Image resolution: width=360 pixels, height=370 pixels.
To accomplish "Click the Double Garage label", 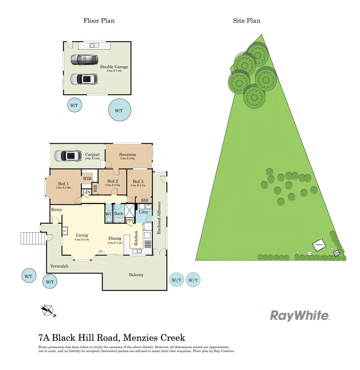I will point(114,67).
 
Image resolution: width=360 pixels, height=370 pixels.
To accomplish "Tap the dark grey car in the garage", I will point(84,60).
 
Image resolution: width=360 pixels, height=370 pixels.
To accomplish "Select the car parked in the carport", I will point(68,156).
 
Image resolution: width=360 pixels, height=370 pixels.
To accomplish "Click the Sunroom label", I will point(127,155).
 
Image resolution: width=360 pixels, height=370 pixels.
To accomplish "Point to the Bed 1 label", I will point(64,183).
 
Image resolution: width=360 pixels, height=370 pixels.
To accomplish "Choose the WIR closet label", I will point(87,178).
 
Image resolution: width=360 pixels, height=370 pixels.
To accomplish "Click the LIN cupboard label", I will point(87,192).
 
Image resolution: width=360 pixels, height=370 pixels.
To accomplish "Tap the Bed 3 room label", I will point(138,181).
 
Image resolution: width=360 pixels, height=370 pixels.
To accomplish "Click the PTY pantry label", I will point(130,221).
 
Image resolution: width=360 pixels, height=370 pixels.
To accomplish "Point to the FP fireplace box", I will point(65,232).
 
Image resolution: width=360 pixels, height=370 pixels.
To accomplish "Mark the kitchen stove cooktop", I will point(148,244).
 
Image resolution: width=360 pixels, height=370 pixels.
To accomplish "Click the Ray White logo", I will point(300,316).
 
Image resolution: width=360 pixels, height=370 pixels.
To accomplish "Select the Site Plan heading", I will point(247,21).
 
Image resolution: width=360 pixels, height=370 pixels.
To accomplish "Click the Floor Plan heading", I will point(99,21).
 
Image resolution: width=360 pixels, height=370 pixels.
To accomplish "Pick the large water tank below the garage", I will point(119,110).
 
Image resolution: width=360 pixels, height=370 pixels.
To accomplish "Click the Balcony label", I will point(136,275).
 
